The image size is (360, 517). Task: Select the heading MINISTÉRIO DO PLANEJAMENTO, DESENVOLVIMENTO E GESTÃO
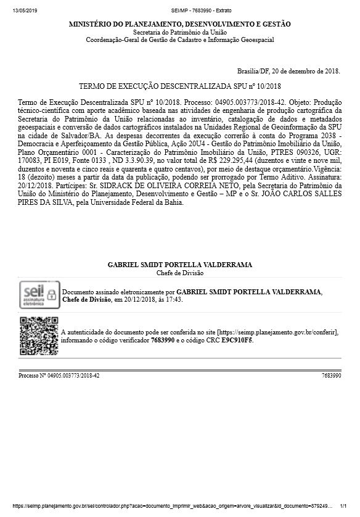(180, 24)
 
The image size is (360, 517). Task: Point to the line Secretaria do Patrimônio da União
(180, 32)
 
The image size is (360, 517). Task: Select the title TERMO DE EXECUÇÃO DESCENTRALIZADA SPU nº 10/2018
(180, 86)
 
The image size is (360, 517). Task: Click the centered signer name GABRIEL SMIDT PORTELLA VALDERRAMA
(180, 265)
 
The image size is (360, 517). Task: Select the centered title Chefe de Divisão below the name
(180, 273)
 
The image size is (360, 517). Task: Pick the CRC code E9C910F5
(237, 340)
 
